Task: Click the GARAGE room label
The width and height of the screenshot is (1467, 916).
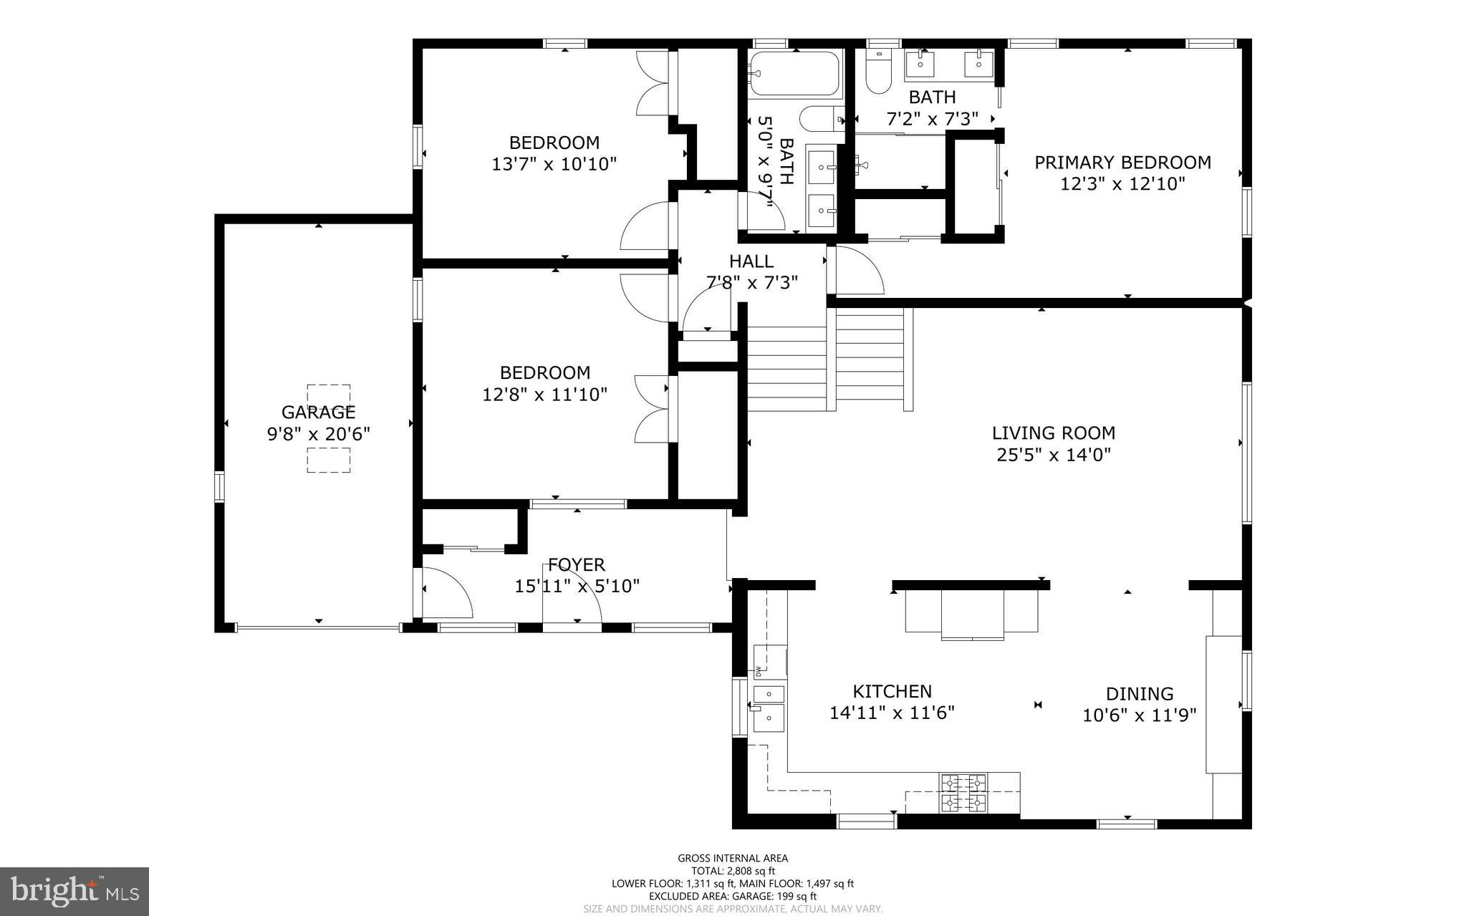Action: coord(318,412)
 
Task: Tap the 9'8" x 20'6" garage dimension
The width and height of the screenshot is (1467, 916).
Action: coord(318,434)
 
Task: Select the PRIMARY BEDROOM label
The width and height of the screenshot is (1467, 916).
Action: coord(1122,163)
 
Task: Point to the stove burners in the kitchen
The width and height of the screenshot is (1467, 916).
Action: coord(963,793)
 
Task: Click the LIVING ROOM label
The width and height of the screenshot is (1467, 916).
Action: coord(1053,433)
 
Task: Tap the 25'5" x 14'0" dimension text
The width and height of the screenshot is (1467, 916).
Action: coord(1053,455)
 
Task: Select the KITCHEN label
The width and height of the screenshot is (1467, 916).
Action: coord(892,691)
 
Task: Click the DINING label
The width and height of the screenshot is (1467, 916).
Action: coord(1139,693)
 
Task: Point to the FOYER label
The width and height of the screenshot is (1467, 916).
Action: coord(577,564)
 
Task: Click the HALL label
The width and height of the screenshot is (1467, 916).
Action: coord(751,261)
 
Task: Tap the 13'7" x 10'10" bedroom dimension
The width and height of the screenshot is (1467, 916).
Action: coord(554,164)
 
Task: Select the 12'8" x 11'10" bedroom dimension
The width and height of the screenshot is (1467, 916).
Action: coord(544,394)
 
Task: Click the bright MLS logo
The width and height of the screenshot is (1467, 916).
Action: coord(74,891)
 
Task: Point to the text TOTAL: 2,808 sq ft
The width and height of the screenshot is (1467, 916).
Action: coord(733,871)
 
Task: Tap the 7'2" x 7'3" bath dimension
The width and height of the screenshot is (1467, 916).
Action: coord(932,119)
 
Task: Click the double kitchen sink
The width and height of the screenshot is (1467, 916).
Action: coord(769,705)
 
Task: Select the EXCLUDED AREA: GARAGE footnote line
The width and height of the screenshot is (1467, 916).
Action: coord(733,896)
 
